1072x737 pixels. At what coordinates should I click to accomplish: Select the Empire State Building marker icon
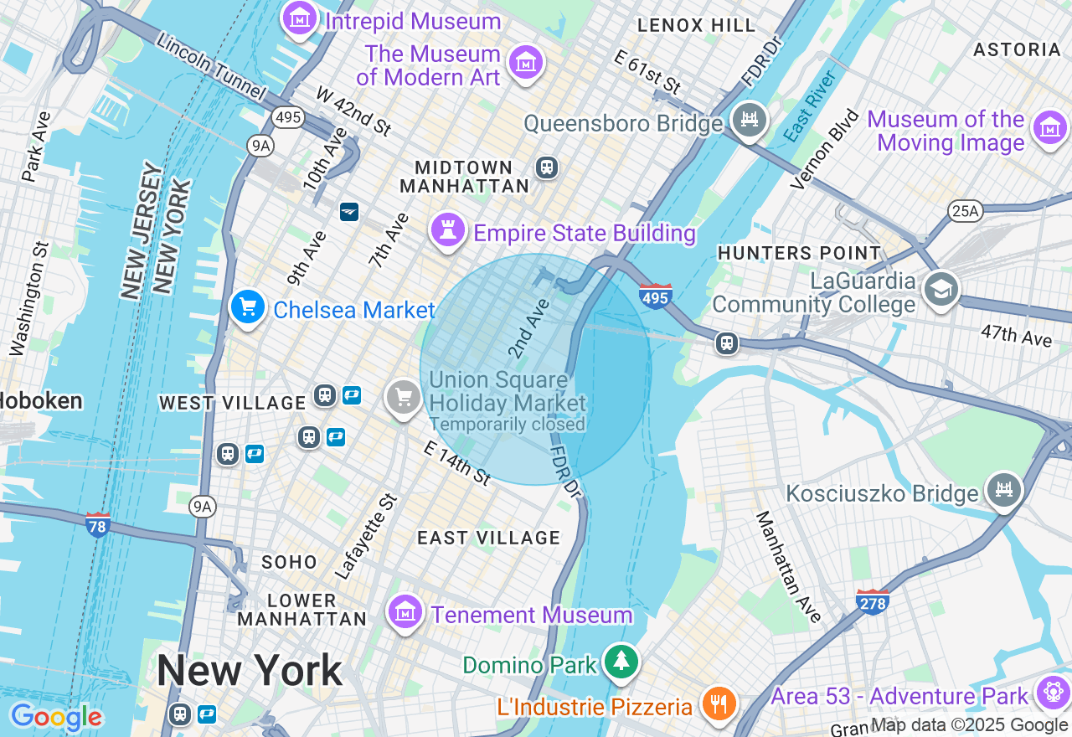point(448,229)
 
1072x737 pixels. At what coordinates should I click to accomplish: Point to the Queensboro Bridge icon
point(749,121)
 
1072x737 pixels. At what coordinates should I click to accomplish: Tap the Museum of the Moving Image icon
point(1050,128)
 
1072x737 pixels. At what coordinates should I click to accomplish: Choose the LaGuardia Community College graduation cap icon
point(941,290)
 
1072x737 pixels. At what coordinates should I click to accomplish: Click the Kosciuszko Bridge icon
point(1003,490)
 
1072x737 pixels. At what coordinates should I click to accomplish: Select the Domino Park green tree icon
point(621,662)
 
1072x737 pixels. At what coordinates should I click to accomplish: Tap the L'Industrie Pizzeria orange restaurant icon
point(718,703)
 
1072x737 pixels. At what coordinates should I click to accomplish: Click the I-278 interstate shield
point(872,601)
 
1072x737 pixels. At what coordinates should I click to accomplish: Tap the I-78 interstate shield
point(98,525)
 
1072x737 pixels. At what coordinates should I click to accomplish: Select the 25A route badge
point(965,211)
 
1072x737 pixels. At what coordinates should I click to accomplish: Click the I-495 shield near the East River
point(655,296)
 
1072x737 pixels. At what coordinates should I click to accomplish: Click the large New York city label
point(250,671)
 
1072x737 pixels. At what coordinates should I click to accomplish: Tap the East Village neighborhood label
point(488,538)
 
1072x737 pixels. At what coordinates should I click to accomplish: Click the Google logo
point(56,717)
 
